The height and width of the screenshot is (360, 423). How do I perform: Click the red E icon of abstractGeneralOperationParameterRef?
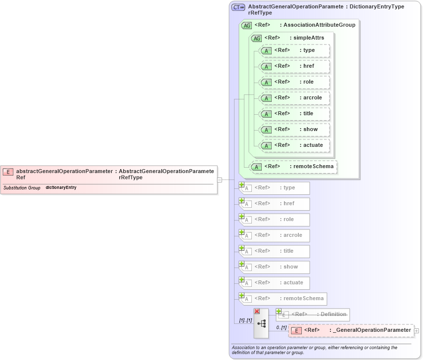[x=8, y=172]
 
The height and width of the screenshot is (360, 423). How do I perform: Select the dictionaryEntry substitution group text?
[x=61, y=188]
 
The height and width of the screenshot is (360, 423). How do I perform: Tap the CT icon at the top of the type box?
[x=238, y=7]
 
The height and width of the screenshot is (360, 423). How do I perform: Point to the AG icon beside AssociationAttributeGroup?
[x=246, y=25]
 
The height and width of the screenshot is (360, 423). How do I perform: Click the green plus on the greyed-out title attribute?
[x=242, y=248]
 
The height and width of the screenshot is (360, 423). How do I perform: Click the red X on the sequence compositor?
[x=257, y=311]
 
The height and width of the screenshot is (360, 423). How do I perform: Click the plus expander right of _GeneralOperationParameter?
[x=417, y=330]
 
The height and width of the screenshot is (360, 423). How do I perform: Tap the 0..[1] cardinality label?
[x=281, y=328]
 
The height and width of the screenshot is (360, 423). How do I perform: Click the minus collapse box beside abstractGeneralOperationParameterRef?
[x=219, y=180]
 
